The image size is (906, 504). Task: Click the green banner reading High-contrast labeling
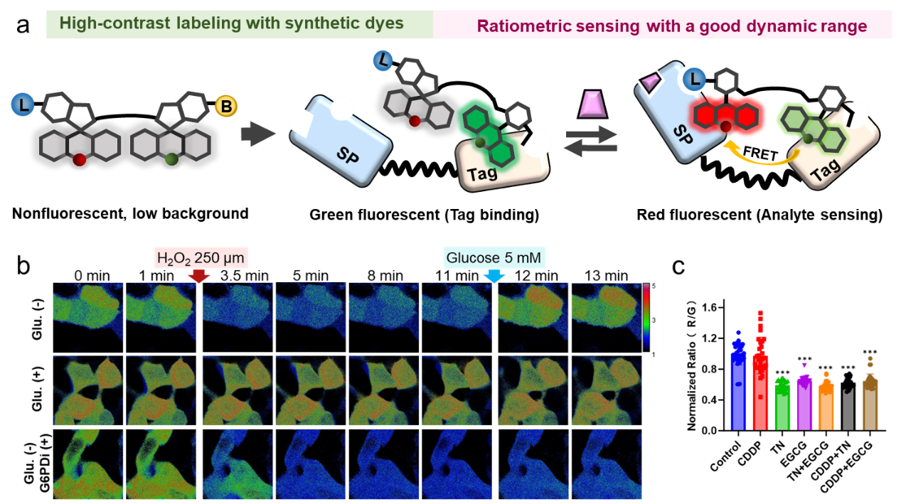pyautogui.click(x=240, y=24)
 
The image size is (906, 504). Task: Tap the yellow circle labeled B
pyautogui.click(x=226, y=107)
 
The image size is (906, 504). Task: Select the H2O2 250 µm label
pyautogui.click(x=201, y=257)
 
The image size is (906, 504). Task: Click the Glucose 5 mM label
pyautogui.click(x=494, y=257)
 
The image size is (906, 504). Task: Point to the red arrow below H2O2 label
pyautogui.click(x=201, y=276)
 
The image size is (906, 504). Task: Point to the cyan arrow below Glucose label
pyautogui.click(x=494, y=276)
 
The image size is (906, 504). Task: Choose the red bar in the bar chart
pyautogui.click(x=760, y=391)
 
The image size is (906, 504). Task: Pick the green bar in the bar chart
pyautogui.click(x=782, y=405)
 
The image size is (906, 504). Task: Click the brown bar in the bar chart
pyautogui.click(x=870, y=404)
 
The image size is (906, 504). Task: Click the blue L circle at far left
pyautogui.click(x=21, y=107)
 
